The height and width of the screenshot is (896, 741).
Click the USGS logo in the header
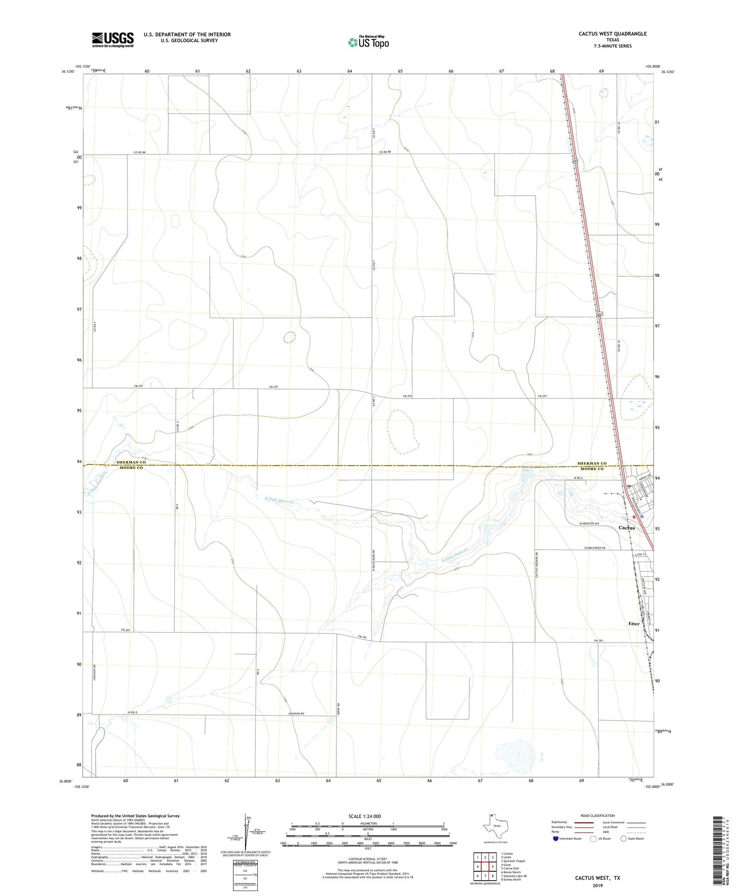pyautogui.click(x=112, y=40)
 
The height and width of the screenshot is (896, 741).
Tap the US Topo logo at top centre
pyautogui.click(x=368, y=43)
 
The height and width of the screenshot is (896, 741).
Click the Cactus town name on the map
pyautogui.click(x=626, y=528)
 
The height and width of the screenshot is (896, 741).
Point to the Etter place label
pyautogui.click(x=633, y=624)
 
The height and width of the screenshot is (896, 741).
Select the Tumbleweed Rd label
pyautogui.click(x=595, y=548)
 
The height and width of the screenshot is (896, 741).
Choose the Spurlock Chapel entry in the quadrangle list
pyautogui.click(x=513, y=860)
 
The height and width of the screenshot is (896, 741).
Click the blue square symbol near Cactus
pyautogui.click(x=642, y=516)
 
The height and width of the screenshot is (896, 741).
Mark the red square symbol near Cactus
pyautogui.click(x=634, y=516)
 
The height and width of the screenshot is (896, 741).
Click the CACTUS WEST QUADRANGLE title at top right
pyautogui.click(x=606, y=34)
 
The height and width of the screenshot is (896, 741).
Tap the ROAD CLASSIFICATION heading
pyautogui.click(x=597, y=815)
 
